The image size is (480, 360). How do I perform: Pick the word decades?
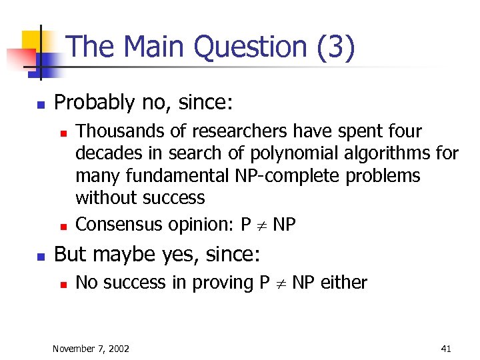pos(105,153)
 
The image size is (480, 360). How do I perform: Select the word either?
pos(343,283)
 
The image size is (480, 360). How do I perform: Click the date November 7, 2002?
pos(91,349)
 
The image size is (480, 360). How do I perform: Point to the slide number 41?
pos(446,349)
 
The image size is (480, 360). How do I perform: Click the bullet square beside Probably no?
pos(40,105)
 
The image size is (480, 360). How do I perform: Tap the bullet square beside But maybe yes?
pos(40,256)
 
